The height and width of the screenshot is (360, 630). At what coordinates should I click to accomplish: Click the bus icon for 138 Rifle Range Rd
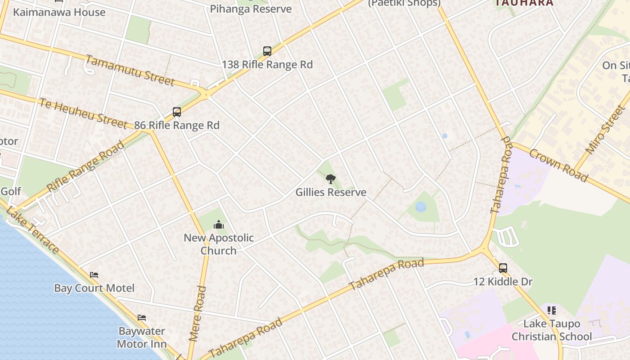267,51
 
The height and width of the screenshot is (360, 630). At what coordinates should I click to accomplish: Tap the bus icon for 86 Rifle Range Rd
177,112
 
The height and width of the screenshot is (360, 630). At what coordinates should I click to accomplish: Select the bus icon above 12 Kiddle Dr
503,268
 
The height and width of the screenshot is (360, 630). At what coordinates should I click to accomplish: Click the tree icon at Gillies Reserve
330,179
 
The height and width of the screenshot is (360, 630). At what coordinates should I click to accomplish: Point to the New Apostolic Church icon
219,225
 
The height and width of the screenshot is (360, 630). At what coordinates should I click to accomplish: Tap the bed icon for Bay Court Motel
94,274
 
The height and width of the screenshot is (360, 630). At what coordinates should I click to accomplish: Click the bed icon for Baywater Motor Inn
142,318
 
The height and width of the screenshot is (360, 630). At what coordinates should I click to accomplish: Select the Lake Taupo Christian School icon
552,310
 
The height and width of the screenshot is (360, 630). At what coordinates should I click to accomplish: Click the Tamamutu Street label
130,70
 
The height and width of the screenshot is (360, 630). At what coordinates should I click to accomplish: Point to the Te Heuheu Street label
83,113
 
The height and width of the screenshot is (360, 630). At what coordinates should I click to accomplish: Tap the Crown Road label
558,165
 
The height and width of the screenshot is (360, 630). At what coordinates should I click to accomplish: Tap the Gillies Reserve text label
331,192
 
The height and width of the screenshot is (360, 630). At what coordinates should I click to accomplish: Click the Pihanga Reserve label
251,9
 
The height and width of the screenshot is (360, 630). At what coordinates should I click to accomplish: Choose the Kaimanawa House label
59,12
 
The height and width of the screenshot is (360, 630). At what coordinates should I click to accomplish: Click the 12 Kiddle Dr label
503,282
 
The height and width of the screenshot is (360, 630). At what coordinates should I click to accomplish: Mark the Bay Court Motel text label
94,288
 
